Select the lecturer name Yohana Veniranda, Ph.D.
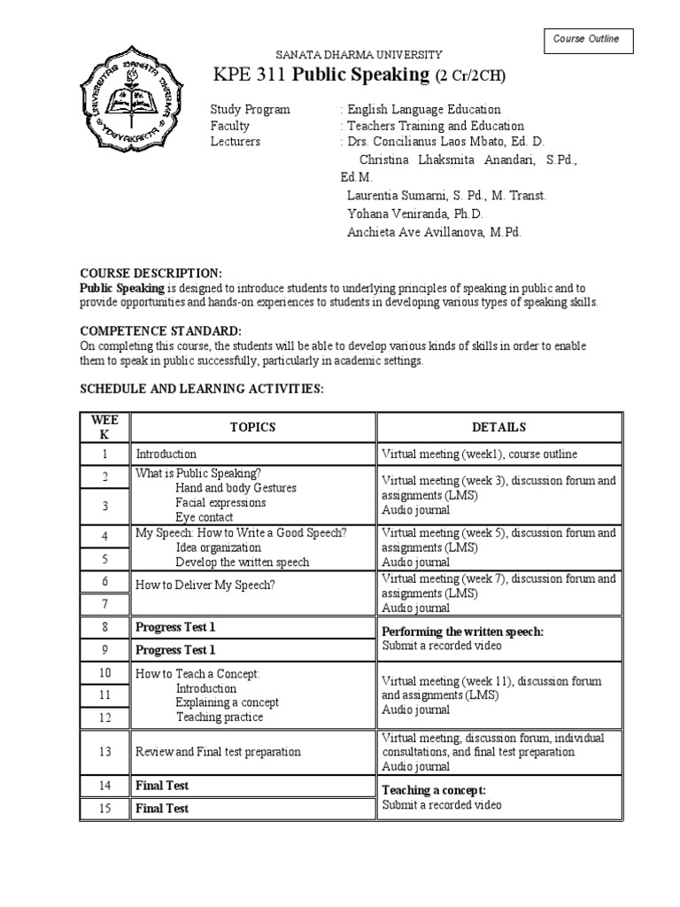click(x=414, y=213)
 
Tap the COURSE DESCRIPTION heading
click(x=151, y=274)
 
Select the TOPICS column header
click(x=252, y=427)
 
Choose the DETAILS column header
click(x=498, y=427)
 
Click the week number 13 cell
click(x=104, y=751)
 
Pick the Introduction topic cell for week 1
click(x=166, y=453)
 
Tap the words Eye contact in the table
click(x=205, y=517)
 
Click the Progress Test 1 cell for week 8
click(x=175, y=627)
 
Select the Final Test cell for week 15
click(x=162, y=808)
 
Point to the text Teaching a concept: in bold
click(x=434, y=790)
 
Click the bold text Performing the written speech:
click(x=462, y=632)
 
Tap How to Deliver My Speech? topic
click(x=205, y=585)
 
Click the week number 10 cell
click(x=104, y=673)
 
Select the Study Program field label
click(x=250, y=110)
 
